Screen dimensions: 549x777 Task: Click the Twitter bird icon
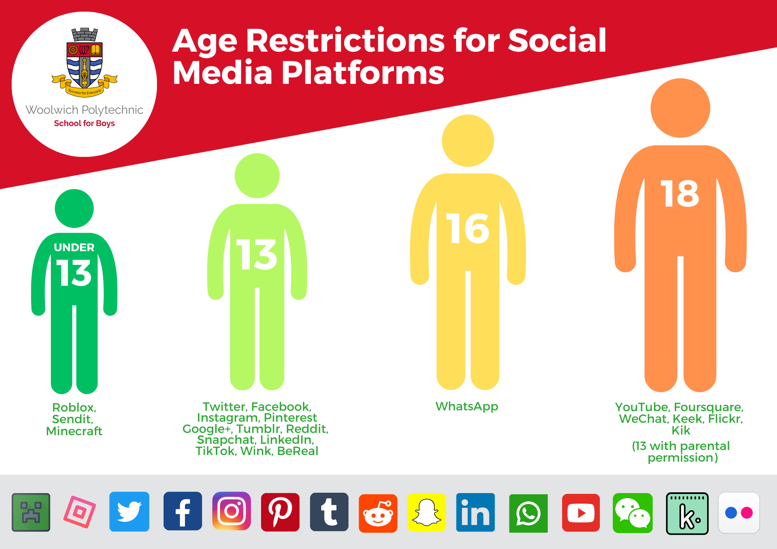[x=129, y=512]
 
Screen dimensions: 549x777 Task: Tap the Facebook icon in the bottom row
[x=183, y=511]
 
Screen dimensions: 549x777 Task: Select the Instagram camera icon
[x=232, y=511]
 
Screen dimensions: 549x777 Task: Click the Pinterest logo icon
[x=280, y=512]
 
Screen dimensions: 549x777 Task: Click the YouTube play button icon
[x=581, y=513]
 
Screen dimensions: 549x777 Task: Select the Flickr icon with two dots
[x=739, y=513]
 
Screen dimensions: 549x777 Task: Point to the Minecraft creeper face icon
[x=31, y=512]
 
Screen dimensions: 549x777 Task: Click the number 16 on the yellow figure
[x=468, y=229]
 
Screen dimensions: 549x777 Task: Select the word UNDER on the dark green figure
[x=74, y=247]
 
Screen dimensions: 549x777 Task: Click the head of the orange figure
[x=680, y=108]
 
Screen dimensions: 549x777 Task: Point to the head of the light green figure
[x=257, y=175]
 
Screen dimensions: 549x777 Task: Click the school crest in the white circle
[x=84, y=62]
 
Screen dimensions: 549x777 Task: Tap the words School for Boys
[x=84, y=123]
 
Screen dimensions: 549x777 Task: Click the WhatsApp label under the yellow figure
[x=467, y=406]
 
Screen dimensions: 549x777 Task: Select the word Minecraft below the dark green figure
[x=74, y=431]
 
